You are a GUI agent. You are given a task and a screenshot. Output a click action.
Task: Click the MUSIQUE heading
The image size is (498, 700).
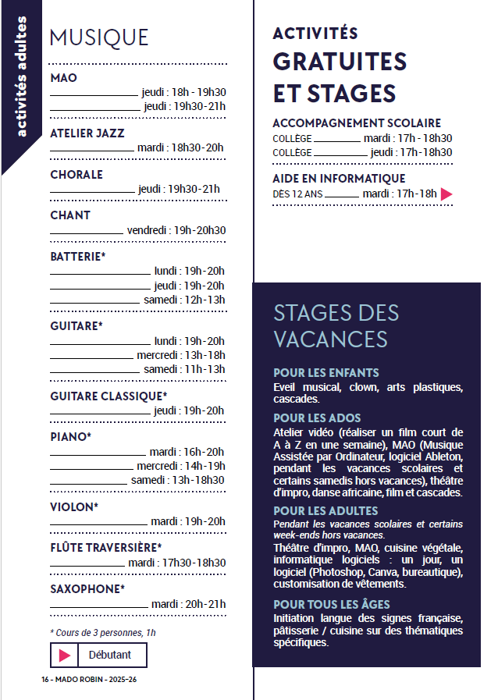(x=99, y=37)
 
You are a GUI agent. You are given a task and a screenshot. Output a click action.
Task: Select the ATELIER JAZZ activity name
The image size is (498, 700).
(x=87, y=133)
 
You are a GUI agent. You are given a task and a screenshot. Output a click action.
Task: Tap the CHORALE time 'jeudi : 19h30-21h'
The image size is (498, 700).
(x=179, y=189)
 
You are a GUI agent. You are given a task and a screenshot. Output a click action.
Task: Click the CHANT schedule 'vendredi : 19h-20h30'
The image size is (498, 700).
(x=176, y=230)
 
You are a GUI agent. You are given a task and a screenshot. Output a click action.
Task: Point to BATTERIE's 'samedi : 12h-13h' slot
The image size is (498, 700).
(x=184, y=300)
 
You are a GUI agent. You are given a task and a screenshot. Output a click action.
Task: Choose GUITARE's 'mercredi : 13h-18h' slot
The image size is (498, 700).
(x=181, y=355)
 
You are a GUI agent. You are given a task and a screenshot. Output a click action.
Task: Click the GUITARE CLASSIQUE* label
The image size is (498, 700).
(x=108, y=396)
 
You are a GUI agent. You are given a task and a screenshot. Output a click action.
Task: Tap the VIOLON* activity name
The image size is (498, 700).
(x=74, y=507)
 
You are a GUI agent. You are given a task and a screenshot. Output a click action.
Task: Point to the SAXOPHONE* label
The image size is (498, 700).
(x=87, y=588)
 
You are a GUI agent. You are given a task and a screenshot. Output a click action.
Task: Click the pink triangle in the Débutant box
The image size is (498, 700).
(x=65, y=656)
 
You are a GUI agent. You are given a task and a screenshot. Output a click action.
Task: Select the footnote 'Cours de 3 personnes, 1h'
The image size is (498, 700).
(x=102, y=632)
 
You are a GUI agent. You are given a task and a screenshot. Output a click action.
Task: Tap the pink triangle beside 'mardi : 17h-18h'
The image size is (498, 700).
(x=446, y=194)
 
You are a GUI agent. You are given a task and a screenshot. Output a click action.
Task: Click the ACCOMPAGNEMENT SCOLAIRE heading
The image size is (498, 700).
(x=357, y=123)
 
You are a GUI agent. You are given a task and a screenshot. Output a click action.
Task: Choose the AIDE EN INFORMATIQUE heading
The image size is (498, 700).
(x=339, y=179)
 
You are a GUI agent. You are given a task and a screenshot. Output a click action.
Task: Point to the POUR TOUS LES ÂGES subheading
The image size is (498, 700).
(x=332, y=605)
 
